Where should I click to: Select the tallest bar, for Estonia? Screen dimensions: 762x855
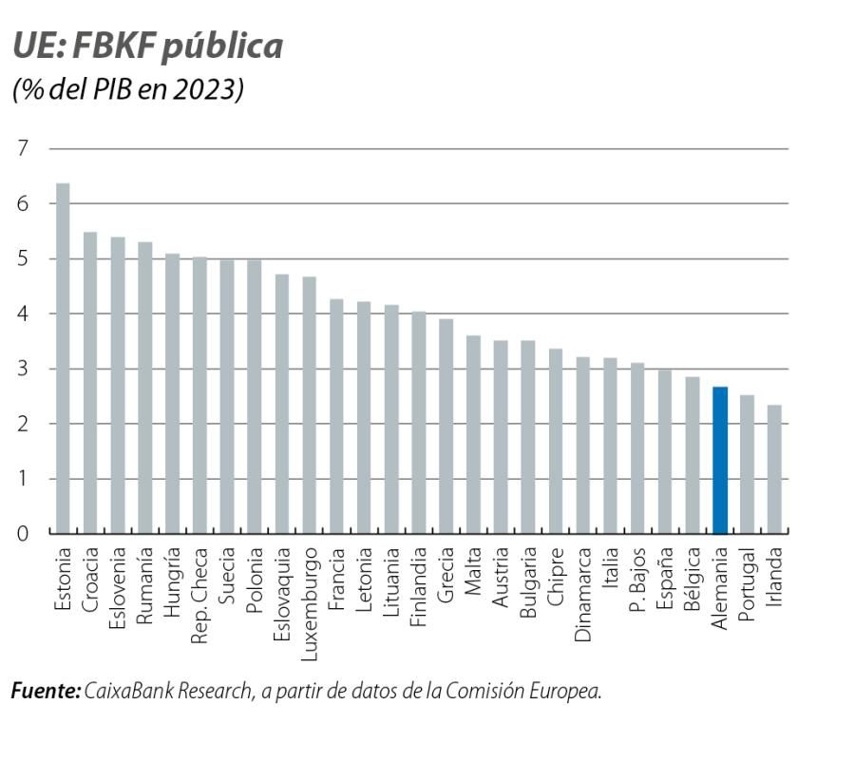pyautogui.click(x=63, y=358)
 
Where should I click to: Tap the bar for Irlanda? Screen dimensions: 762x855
pyautogui.click(x=775, y=469)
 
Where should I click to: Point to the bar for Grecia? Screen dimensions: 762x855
pyautogui.click(x=446, y=427)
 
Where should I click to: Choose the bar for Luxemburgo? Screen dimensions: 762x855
pyautogui.click(x=309, y=405)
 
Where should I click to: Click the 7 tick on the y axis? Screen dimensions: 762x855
pyautogui.click(x=23, y=148)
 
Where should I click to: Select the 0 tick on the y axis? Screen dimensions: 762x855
pyautogui.click(x=23, y=533)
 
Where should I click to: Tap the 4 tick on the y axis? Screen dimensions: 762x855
pyautogui.click(x=23, y=314)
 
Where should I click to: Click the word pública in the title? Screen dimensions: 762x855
pyautogui.click(x=221, y=47)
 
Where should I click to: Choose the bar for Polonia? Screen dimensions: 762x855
pyautogui.click(x=255, y=396)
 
